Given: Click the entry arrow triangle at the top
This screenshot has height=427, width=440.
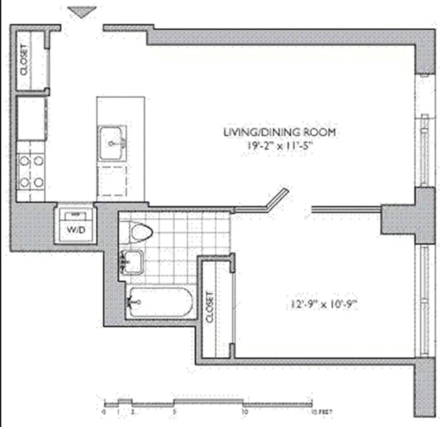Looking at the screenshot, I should click(x=79, y=12).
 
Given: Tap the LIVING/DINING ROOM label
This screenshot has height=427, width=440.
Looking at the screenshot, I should click(x=279, y=131).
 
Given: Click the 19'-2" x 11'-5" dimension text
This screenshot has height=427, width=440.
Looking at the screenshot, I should click(x=279, y=144).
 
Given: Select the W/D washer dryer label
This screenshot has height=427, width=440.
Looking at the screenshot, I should click(x=75, y=230).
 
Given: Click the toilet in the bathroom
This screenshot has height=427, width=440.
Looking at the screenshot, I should click(x=140, y=233).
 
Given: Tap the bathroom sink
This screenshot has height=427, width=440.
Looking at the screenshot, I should click(x=132, y=261).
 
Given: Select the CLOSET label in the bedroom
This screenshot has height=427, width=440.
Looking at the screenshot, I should click(x=209, y=307).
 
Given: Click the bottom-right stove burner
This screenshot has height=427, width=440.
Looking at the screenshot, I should click(x=38, y=182).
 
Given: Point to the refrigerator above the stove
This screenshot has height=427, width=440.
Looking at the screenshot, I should click(x=32, y=118).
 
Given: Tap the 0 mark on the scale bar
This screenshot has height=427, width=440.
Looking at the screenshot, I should click(x=104, y=412).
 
